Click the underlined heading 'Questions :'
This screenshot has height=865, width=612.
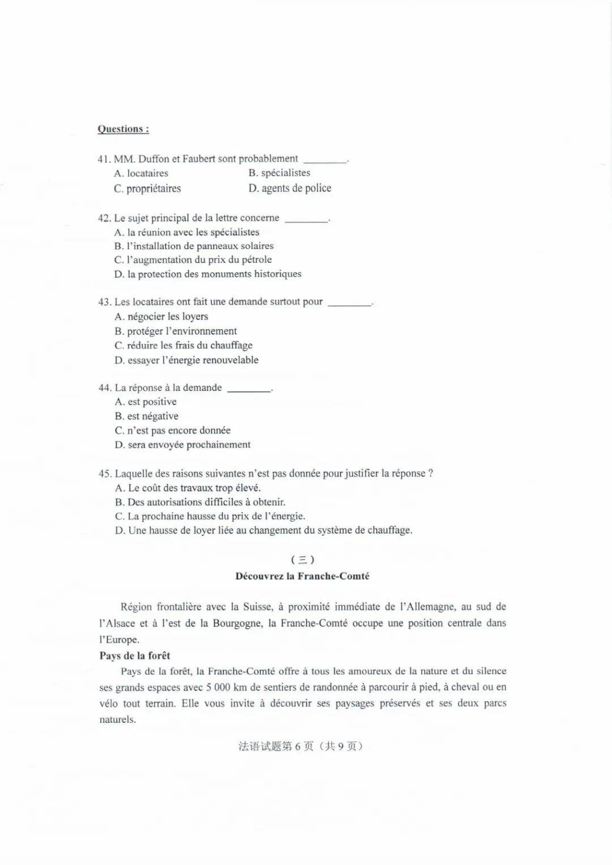pyautogui.click(x=123, y=129)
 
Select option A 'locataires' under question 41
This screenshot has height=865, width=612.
pyautogui.click(x=141, y=173)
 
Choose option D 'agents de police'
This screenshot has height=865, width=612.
pyautogui.click(x=290, y=188)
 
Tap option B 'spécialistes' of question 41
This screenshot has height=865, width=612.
pyautogui.click(x=279, y=173)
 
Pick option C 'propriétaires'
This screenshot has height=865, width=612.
pyautogui.click(x=147, y=188)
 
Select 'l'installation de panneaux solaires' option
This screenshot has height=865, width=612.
pyautogui.click(x=194, y=246)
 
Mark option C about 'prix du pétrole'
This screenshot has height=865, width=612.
pyautogui.click(x=193, y=260)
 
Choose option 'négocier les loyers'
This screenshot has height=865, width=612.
pyautogui.click(x=161, y=317)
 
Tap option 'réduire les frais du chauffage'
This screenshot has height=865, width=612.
pyautogui.click(x=184, y=346)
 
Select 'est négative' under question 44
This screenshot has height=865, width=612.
pyautogui.click(x=147, y=416)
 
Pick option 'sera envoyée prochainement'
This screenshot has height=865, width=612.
pyautogui.click(x=182, y=445)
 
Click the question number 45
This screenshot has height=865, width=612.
pyautogui.click(x=105, y=474)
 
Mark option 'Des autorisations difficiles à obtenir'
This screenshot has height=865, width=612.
pyautogui.click(x=200, y=502)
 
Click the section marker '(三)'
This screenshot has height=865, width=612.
pyautogui.click(x=303, y=560)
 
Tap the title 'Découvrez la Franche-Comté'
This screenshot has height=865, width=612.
pyautogui.click(x=303, y=577)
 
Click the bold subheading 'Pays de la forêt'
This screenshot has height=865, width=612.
pyautogui.click(x=135, y=656)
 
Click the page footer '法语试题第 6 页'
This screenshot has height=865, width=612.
pyautogui.click(x=276, y=747)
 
